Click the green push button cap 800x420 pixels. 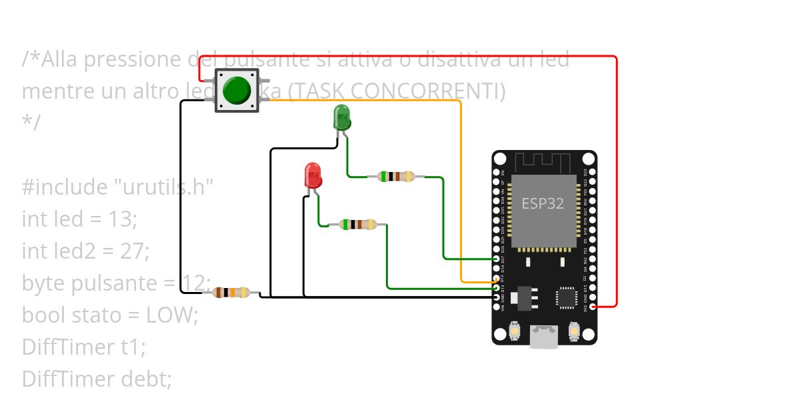pyautogui.click(x=237, y=90)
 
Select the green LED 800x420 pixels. pyautogui.click(x=341, y=117)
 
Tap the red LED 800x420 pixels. pyautogui.click(x=313, y=175)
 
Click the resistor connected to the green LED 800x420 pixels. pyautogui.click(x=396, y=177)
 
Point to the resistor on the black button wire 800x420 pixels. pyautogui.click(x=231, y=292)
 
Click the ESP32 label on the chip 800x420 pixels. pyautogui.click(x=542, y=204)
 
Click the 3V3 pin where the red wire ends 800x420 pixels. pyautogui.click(x=593, y=307)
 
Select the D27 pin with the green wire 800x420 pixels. pyautogui.click(x=496, y=259)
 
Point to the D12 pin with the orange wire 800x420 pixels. pyautogui.click(x=496, y=283)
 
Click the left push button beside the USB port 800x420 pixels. pyautogui.click(x=515, y=330)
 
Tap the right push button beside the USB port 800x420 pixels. pyautogui.click(x=574, y=330)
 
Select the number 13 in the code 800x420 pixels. pyautogui.click(x=123, y=219)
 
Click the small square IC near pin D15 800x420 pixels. pyautogui.click(x=567, y=297)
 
